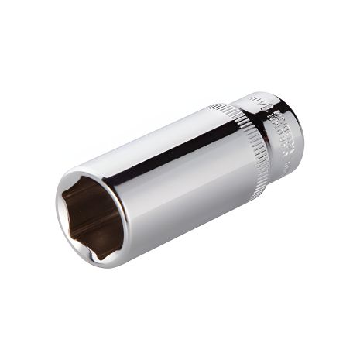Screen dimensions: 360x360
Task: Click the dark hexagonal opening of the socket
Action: [91, 214]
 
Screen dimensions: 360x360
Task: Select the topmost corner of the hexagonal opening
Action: [87, 179]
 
